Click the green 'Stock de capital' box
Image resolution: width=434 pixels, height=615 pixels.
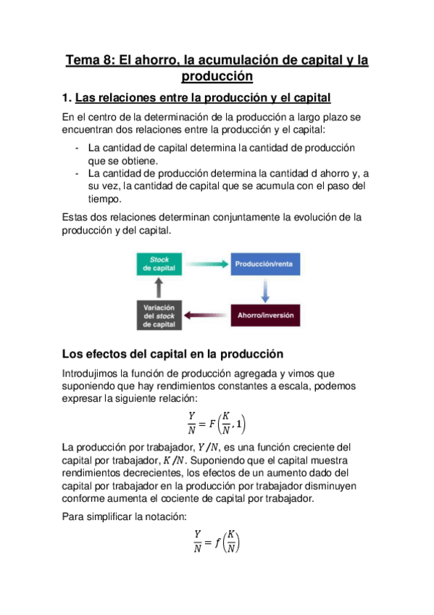tap(159, 263)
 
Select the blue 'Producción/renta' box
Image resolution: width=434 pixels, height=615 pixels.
tap(263, 264)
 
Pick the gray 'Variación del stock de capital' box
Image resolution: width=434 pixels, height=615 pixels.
tap(159, 315)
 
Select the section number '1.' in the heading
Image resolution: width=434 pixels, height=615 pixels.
tap(67, 97)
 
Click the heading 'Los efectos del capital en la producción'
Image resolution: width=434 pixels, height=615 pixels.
tap(171, 354)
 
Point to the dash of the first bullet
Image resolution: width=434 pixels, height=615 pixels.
tap(77, 148)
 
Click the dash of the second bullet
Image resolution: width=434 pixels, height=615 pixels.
tap(77, 174)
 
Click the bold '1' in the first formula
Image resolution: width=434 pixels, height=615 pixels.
tap(240, 424)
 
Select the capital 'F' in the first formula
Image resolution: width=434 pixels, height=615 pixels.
tap(210, 424)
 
